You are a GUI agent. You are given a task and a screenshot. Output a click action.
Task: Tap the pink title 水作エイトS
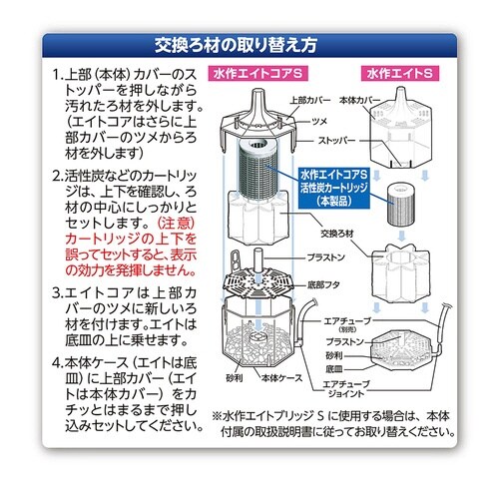(399, 74)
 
